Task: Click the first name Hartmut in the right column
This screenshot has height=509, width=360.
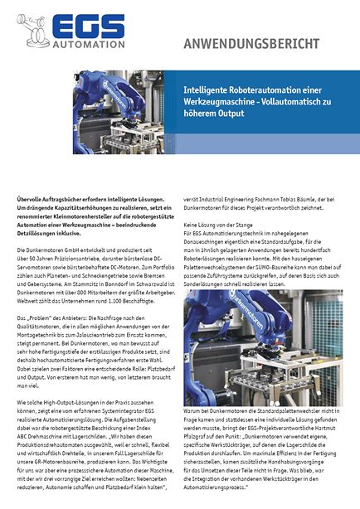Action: [x=322, y=429]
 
